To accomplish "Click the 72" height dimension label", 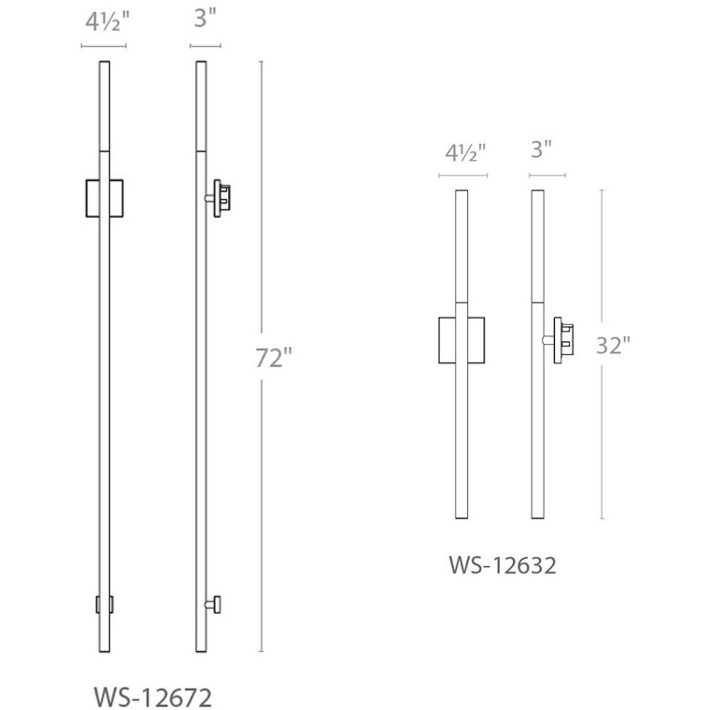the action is pos(273,358).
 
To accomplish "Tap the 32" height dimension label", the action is pos(613,345).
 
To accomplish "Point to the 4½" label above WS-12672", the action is pos(107,22).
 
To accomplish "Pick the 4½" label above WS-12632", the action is pos(466,153).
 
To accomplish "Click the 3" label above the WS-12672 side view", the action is pos(205,18).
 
